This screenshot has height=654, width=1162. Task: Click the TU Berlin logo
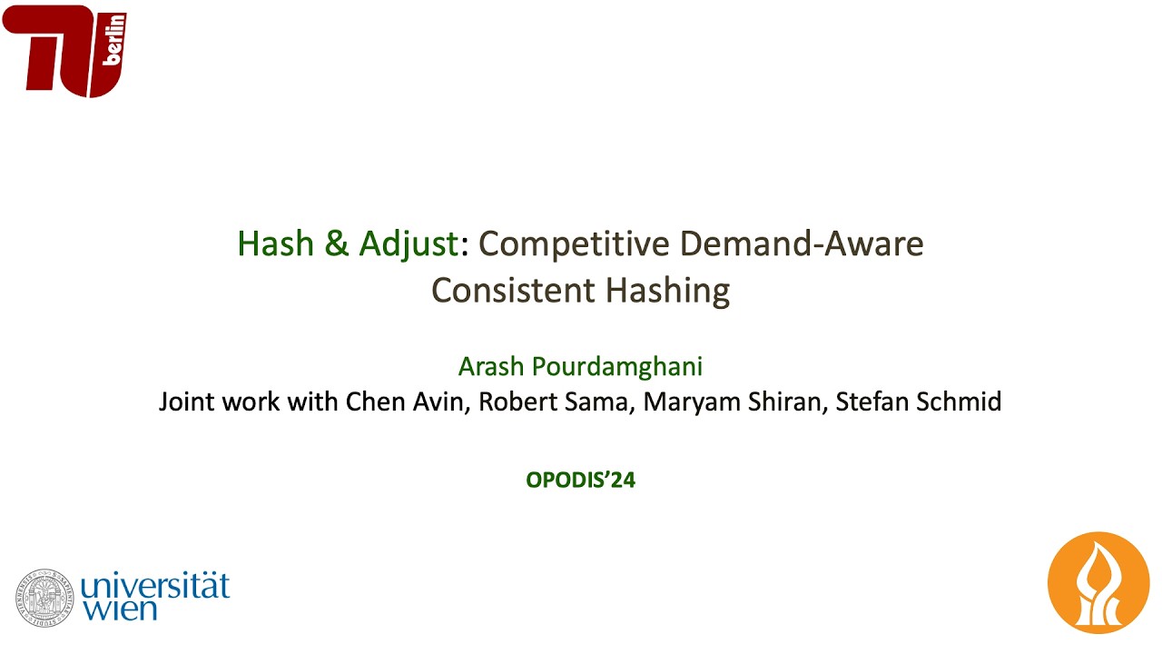coord(64,50)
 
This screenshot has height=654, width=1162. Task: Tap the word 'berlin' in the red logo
coord(115,41)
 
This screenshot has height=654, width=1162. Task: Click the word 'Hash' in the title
coord(271,243)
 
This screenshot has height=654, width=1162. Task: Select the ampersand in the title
coord(332,243)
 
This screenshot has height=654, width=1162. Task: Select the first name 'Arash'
coord(490,367)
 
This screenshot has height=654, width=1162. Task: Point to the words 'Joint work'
coord(220,401)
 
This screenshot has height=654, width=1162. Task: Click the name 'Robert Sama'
coord(554,401)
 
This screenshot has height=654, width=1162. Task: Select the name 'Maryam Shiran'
coord(733,401)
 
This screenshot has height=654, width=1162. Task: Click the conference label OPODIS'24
coord(581,480)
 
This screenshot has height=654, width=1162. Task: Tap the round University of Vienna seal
coord(44,599)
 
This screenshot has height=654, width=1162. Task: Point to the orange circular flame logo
coord(1098,582)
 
